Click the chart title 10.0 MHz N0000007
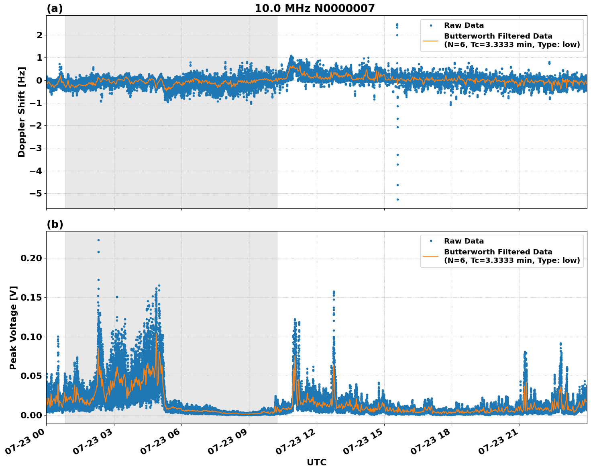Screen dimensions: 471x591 tap(314, 8)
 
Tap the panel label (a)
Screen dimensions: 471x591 tap(55, 8)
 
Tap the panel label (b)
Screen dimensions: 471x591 tap(55, 224)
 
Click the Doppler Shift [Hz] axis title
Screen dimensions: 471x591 tap(22, 112)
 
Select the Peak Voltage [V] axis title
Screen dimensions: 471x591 tap(13, 328)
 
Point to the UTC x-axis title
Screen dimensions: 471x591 tap(316, 463)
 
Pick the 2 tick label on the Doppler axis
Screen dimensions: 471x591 tap(39, 35)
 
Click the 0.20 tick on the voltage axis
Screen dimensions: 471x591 tap(31, 258)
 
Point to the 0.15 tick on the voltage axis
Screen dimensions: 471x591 tap(31, 297)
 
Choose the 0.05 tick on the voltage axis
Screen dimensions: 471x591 tap(31, 376)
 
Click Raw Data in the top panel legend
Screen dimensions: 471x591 tap(464, 26)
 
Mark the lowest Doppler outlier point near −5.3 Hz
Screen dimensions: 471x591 tap(397, 199)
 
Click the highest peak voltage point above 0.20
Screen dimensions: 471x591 tap(98, 240)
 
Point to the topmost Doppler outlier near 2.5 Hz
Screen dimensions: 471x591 tap(397, 25)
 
